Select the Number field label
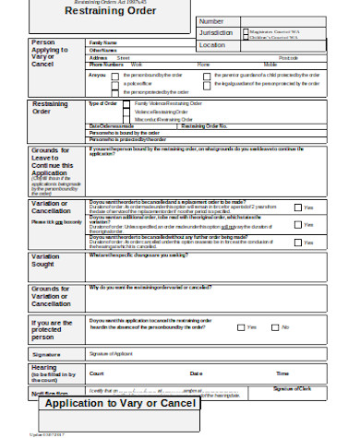[211, 20]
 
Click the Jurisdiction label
[216, 32]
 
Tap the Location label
[211, 44]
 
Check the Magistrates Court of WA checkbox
[245, 30]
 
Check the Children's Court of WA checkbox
[245, 37]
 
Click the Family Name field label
[102, 42]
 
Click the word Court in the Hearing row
[96, 373]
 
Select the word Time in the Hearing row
[282, 373]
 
